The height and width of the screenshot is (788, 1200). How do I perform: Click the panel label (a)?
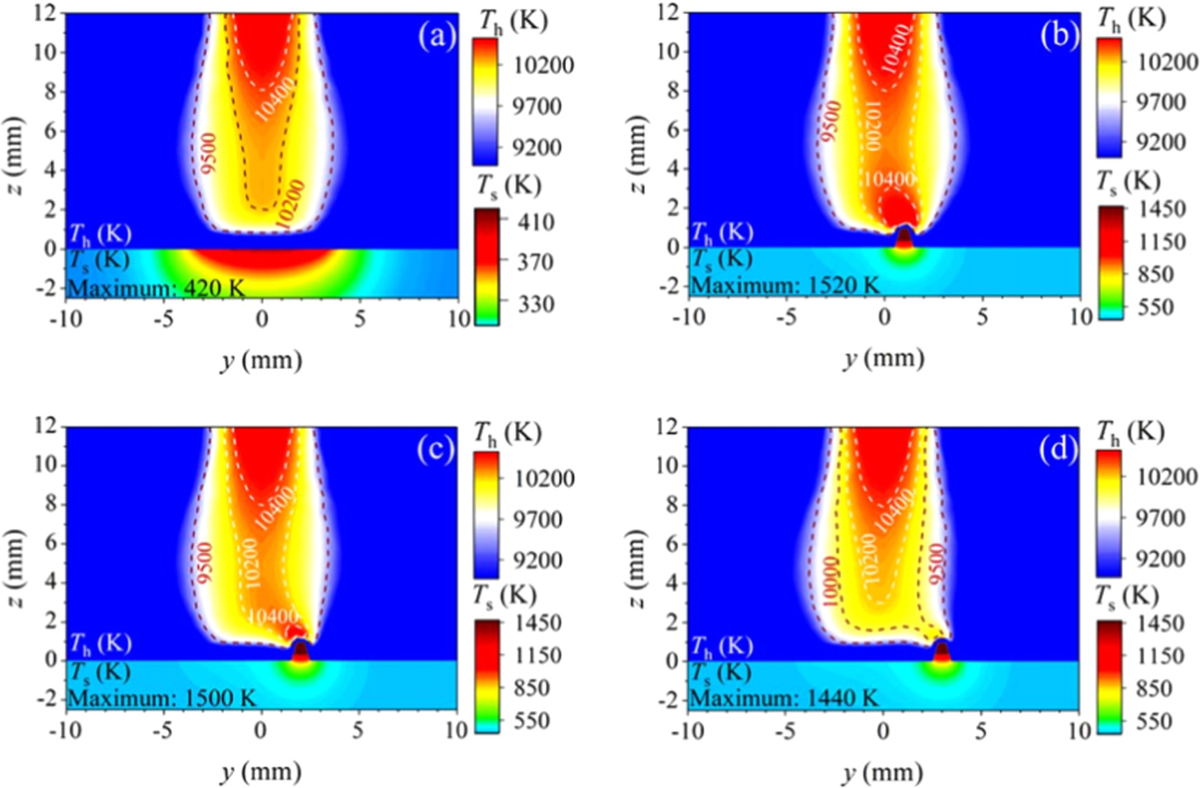point(437,36)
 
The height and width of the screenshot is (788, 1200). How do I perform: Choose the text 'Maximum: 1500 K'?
point(162,698)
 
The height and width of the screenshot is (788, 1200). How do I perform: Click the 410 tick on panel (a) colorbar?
point(536,222)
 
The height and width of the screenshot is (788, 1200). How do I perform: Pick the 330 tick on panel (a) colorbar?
point(536,304)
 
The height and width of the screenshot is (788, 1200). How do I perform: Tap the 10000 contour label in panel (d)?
point(831,581)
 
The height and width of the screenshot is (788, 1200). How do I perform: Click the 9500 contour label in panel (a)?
point(209,153)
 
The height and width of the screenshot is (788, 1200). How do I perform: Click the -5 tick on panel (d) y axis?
point(786,731)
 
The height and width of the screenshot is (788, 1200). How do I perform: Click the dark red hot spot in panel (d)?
point(942,652)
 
